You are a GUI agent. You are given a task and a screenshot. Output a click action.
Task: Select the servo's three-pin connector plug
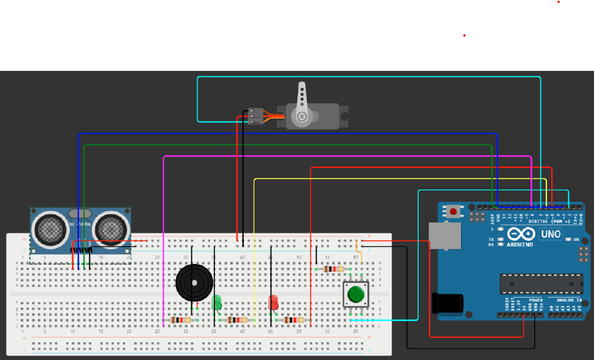click(x=255, y=116)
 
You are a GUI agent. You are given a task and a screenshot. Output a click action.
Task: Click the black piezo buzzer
click(x=194, y=282)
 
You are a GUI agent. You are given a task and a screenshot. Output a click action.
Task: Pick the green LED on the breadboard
click(x=216, y=303)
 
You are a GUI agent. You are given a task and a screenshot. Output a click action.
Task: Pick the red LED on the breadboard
click(x=273, y=302)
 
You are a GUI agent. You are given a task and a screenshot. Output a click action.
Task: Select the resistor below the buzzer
click(x=181, y=320)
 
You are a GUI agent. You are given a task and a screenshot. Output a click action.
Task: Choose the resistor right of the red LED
click(x=295, y=320)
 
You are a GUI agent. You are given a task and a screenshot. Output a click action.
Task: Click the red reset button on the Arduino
click(x=453, y=212)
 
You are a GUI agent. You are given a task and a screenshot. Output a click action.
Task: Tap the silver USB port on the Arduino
click(x=445, y=236)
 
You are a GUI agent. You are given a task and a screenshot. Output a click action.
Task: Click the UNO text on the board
click(x=551, y=234)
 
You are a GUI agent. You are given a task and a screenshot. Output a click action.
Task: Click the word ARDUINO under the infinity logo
click(x=519, y=244)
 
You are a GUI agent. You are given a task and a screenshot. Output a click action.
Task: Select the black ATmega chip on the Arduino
click(x=541, y=284)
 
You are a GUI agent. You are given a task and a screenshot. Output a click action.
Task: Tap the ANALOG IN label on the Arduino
click(x=568, y=300)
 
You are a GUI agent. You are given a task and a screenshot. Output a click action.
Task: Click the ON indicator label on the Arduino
click(x=576, y=239)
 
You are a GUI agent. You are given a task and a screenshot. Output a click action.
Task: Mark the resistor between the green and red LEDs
click(x=237, y=320)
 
